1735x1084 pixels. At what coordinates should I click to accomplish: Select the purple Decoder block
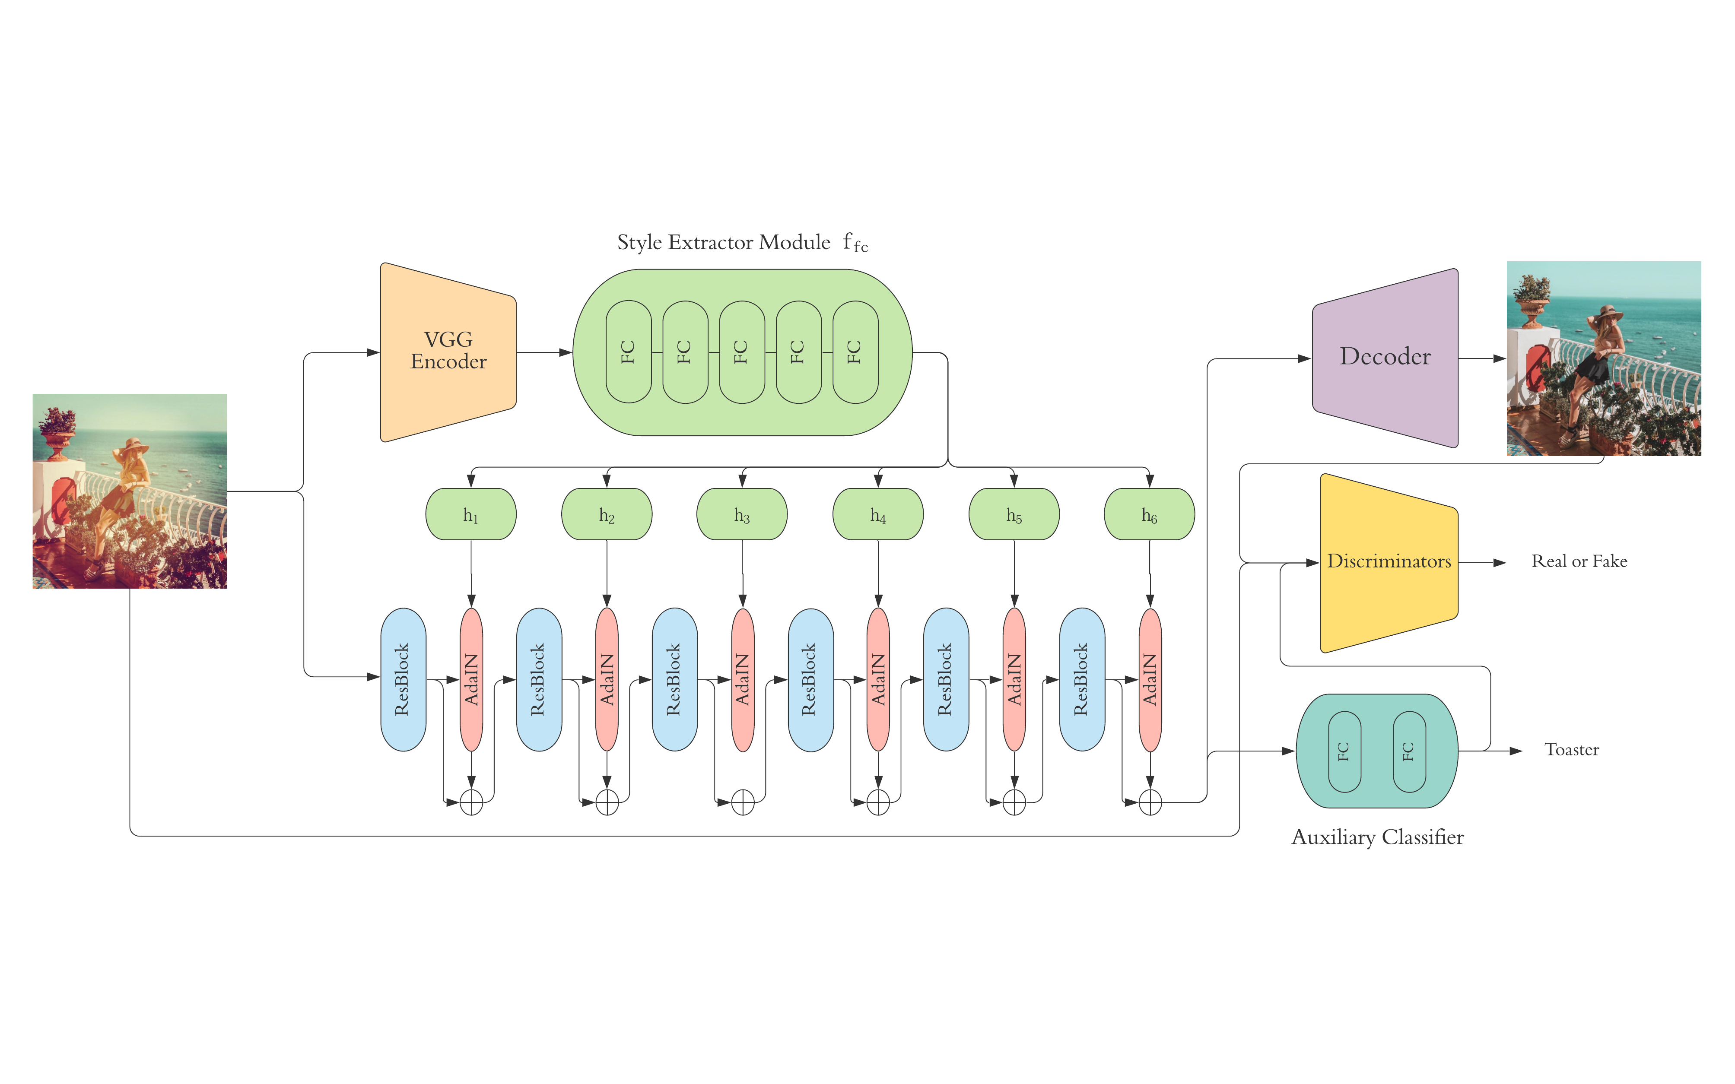1385,357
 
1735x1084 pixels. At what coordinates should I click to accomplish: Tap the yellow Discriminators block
1389,562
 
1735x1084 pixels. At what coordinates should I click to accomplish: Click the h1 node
470,514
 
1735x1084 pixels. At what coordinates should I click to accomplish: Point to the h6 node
1149,514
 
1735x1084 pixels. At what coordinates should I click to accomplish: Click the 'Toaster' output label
1572,750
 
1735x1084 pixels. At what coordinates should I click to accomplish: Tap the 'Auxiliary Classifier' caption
1377,837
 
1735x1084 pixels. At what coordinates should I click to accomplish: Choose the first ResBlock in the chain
403,679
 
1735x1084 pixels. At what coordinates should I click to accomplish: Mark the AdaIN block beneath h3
742,679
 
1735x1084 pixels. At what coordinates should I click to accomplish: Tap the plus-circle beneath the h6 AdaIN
1150,802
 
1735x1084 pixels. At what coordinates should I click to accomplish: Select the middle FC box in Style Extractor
741,352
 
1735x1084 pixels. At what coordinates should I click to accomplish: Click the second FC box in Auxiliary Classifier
1409,751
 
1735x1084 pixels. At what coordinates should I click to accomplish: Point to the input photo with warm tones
130,491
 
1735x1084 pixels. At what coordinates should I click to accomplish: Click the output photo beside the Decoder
1603,358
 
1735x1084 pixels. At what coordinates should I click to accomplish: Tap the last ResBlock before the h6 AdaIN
1082,679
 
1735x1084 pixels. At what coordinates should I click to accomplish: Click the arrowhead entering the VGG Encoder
373,352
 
